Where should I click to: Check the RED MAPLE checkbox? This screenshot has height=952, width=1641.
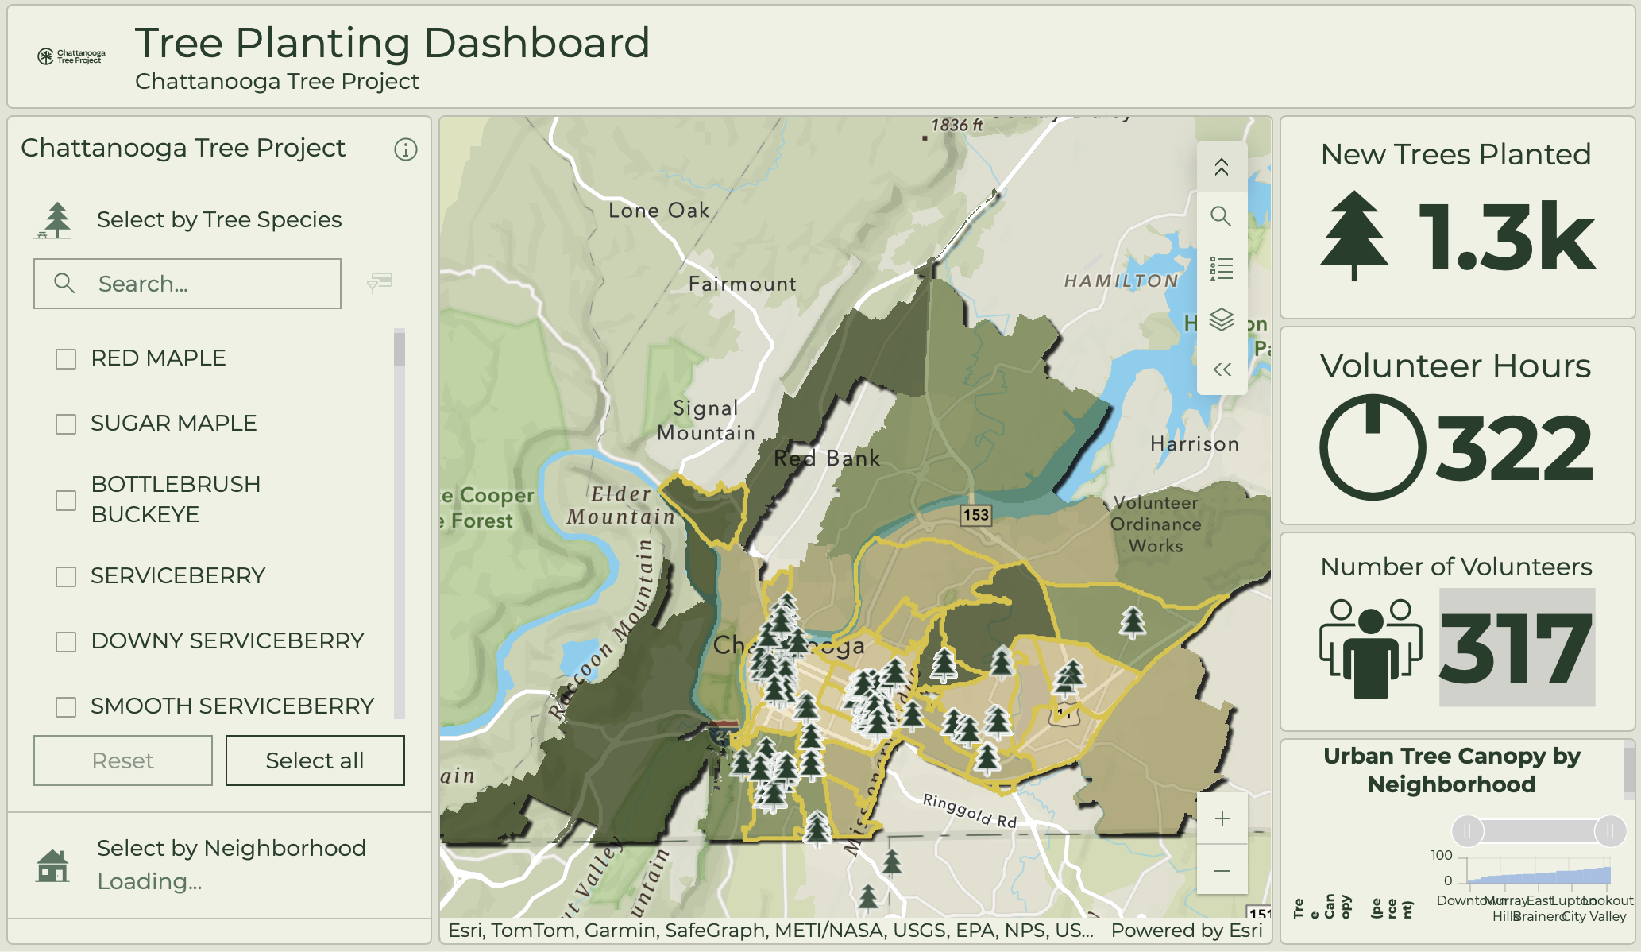point(66,359)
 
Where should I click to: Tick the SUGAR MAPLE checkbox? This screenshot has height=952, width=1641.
point(66,424)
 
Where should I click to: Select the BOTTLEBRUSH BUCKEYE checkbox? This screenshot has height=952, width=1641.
point(66,501)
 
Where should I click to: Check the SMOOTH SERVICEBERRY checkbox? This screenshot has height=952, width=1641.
point(66,707)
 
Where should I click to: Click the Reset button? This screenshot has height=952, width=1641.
point(123,760)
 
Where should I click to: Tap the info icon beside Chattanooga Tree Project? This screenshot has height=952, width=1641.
point(406,149)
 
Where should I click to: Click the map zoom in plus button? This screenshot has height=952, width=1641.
point(1222,818)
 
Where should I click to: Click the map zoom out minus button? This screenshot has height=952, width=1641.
point(1222,871)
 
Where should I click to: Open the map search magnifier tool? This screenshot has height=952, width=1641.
point(1221,216)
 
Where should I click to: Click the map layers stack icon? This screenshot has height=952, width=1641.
point(1221,319)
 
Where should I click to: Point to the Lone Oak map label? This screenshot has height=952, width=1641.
point(658,211)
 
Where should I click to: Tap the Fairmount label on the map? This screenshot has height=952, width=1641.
point(742,284)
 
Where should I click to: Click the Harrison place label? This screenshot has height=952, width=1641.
point(1195,444)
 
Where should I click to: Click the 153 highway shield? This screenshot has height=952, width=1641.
point(976,515)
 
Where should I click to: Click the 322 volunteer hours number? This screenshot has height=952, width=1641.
point(1514,449)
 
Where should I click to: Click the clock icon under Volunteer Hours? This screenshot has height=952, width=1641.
point(1373,447)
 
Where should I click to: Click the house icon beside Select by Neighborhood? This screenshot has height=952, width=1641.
point(52,865)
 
